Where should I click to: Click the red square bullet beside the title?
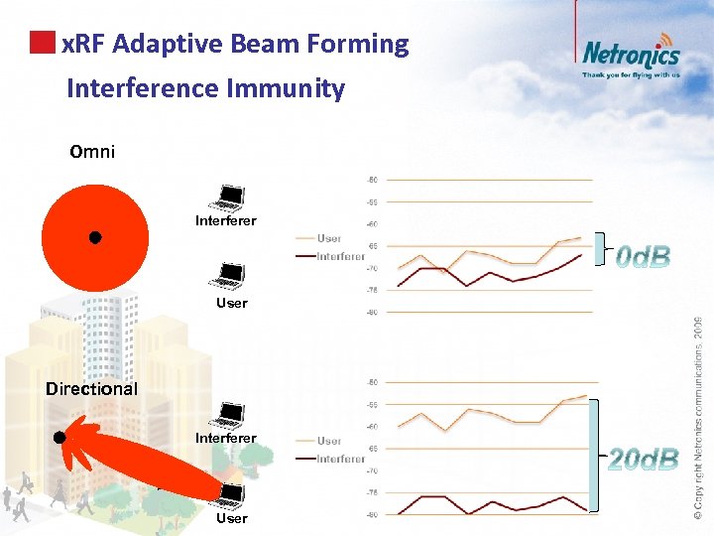point(42,43)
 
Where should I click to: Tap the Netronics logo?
point(631,55)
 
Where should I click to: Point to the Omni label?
point(92,152)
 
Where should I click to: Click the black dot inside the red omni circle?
point(94,237)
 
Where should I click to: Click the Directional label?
point(91,388)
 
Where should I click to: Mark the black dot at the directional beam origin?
point(59,437)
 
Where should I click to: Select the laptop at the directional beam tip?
point(231,494)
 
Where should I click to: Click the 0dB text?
point(643,258)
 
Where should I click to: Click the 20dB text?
point(643,459)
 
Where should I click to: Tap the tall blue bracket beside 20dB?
point(594,455)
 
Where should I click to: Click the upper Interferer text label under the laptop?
point(225,220)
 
